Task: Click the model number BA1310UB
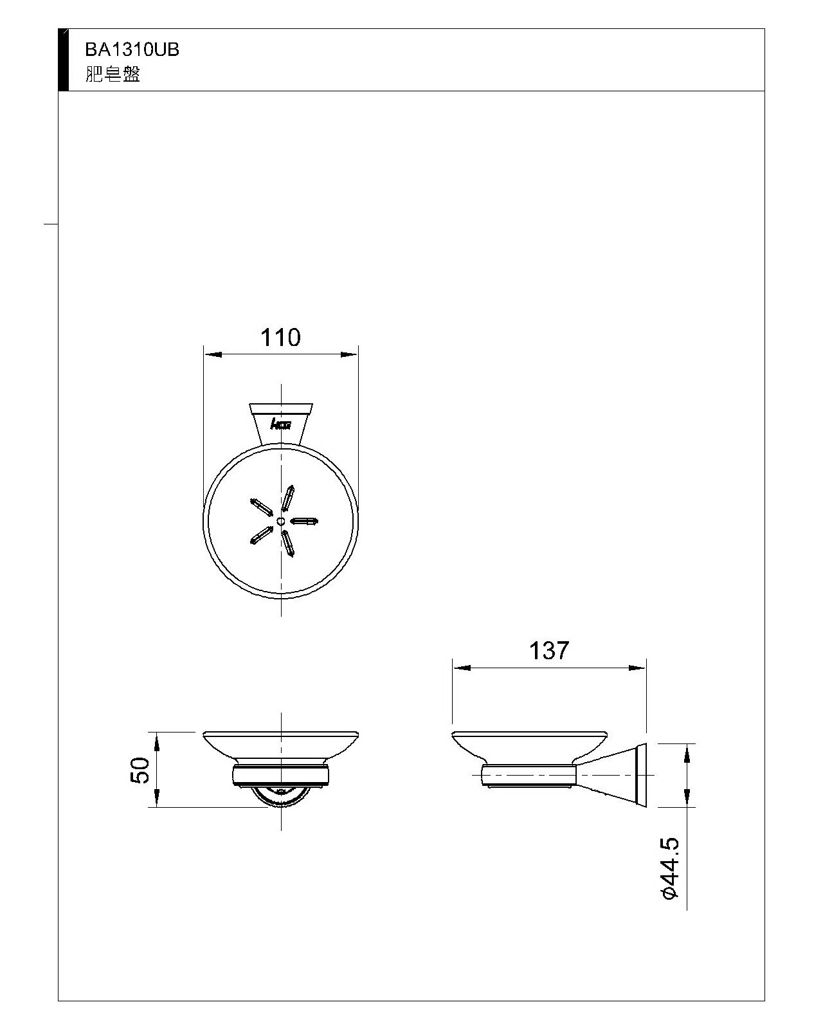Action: (132, 50)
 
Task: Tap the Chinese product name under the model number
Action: (113, 75)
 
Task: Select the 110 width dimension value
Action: (280, 337)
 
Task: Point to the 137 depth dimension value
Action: (549, 650)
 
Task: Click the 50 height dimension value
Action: (140, 770)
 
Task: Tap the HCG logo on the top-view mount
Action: (281, 424)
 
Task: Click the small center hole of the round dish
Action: (281, 521)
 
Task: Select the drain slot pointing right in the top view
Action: (304, 521)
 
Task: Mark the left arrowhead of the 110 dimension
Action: (213, 354)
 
